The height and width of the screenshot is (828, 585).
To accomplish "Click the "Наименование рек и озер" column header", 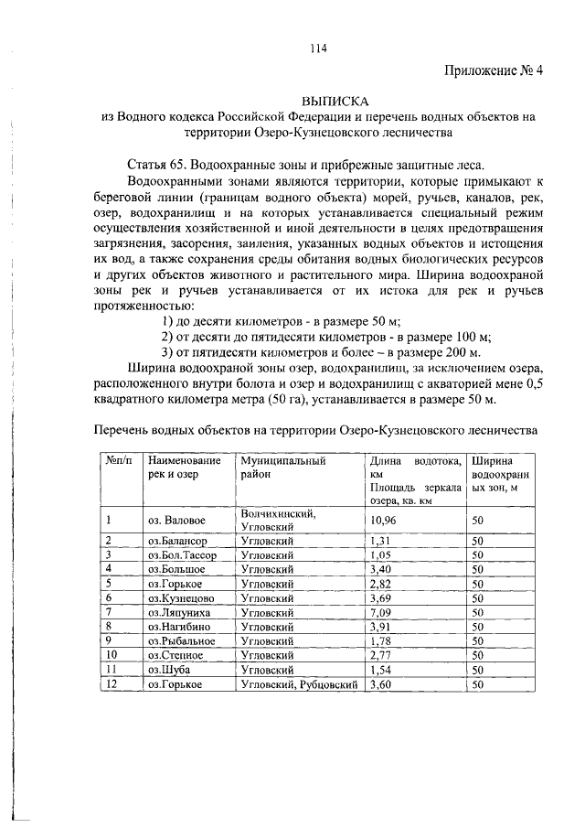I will [x=185, y=468].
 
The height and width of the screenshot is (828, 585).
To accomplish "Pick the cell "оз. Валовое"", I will [x=177, y=521].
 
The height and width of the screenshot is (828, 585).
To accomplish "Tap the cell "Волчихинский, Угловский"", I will [x=279, y=521].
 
